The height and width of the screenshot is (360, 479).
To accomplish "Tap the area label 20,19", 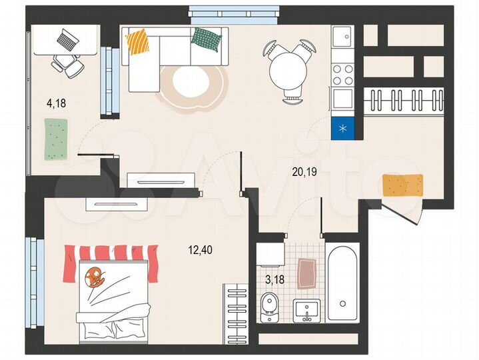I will (304, 171).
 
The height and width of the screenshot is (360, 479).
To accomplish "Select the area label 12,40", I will (201, 251).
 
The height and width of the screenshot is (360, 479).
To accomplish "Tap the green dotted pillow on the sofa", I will (206, 41).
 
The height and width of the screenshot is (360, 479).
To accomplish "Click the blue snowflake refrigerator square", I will (344, 127).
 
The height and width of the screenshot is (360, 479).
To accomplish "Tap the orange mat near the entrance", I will (403, 185).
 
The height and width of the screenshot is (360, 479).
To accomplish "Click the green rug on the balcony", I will (57, 139).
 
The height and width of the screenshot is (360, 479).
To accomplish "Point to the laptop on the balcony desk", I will (67, 40).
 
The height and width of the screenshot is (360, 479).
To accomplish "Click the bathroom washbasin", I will (307, 309).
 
